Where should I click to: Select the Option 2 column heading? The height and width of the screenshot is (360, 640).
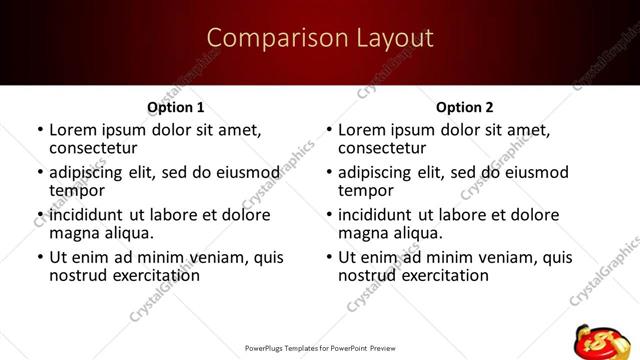click(464, 107)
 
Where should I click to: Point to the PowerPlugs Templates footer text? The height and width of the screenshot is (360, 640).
click(319, 349)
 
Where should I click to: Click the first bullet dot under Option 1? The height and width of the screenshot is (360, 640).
click(40, 130)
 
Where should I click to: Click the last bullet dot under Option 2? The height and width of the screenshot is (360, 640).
click(330, 257)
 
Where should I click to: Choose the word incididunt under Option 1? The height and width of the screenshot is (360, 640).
click(89, 215)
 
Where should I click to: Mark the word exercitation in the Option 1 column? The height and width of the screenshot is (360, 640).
click(150, 275)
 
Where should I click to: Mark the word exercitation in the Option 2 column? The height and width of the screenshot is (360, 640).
click(440, 275)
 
